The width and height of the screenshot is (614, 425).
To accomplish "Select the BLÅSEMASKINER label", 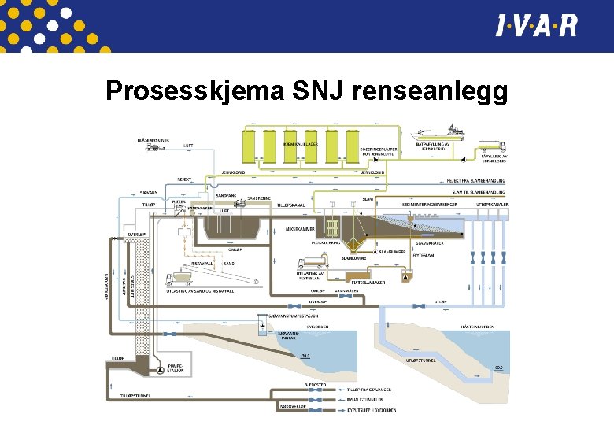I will [153, 139].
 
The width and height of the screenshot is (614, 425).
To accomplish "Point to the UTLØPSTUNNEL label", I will [422, 360].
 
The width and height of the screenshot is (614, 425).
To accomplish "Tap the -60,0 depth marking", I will [496, 368].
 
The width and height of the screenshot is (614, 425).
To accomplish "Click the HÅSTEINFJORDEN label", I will [477, 325].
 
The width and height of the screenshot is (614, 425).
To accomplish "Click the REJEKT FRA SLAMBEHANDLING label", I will [475, 180].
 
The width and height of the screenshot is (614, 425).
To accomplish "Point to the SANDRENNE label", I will [259, 198].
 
